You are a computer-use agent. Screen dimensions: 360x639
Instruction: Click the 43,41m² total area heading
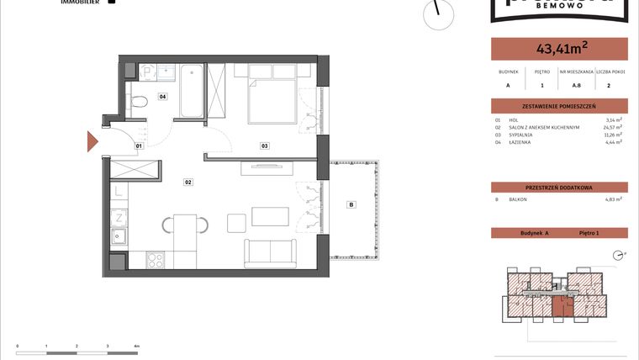(558, 48)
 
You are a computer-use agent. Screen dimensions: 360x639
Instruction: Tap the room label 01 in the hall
(139, 146)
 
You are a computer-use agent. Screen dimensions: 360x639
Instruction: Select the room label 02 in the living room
(189, 181)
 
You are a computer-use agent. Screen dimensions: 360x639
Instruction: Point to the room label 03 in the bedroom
(264, 146)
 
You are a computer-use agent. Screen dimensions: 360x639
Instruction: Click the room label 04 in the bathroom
(162, 97)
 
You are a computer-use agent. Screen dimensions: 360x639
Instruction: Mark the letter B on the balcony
(351, 204)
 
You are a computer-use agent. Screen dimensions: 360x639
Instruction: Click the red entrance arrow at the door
(92, 142)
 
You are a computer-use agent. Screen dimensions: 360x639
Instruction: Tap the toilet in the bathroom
(140, 102)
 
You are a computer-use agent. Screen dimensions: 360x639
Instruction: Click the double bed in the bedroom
(272, 96)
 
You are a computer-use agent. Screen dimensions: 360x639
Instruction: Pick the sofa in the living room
(271, 252)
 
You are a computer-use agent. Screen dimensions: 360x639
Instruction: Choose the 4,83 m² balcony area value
(613, 199)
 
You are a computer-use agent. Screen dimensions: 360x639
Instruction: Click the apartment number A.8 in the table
(577, 85)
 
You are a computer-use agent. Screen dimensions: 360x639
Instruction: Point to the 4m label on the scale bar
(136, 346)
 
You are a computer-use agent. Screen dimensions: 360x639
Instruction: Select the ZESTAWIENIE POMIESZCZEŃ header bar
(558, 106)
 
